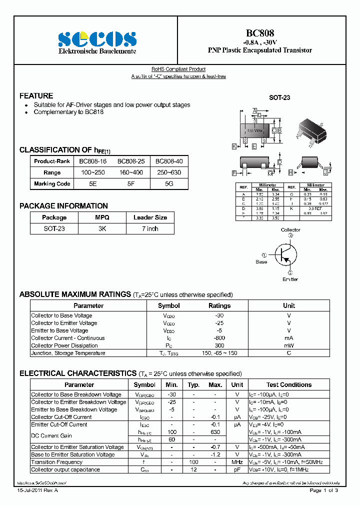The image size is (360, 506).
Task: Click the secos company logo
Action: click(97, 39)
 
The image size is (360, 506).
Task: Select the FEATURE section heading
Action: click(36, 95)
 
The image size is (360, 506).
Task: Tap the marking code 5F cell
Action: click(131, 183)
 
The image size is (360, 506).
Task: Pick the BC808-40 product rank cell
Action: click(169, 161)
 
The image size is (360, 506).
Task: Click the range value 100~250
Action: click(93, 172)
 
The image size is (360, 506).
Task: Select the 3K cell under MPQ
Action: click(102, 228)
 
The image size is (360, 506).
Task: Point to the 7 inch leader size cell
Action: click(150, 228)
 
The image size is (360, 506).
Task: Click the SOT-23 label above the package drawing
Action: click(279, 98)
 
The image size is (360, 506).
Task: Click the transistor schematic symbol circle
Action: click(285, 254)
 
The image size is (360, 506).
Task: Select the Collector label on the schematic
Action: click(290, 230)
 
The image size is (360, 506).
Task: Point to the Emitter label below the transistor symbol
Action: click(290, 279)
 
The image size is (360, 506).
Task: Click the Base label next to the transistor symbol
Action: click(261, 261)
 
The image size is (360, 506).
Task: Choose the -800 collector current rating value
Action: click(219, 338)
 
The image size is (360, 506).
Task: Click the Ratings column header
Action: click(219, 305)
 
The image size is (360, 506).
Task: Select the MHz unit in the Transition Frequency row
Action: click(237, 462)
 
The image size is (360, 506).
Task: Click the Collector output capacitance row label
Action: click(65, 469)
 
